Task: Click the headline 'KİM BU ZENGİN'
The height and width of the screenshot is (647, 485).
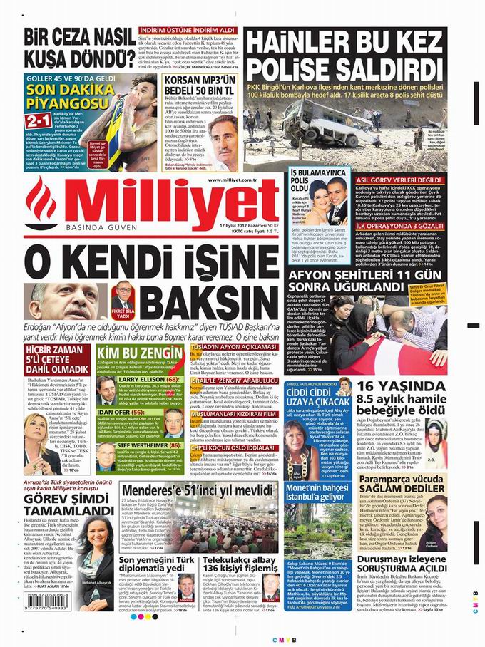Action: click(135, 356)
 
